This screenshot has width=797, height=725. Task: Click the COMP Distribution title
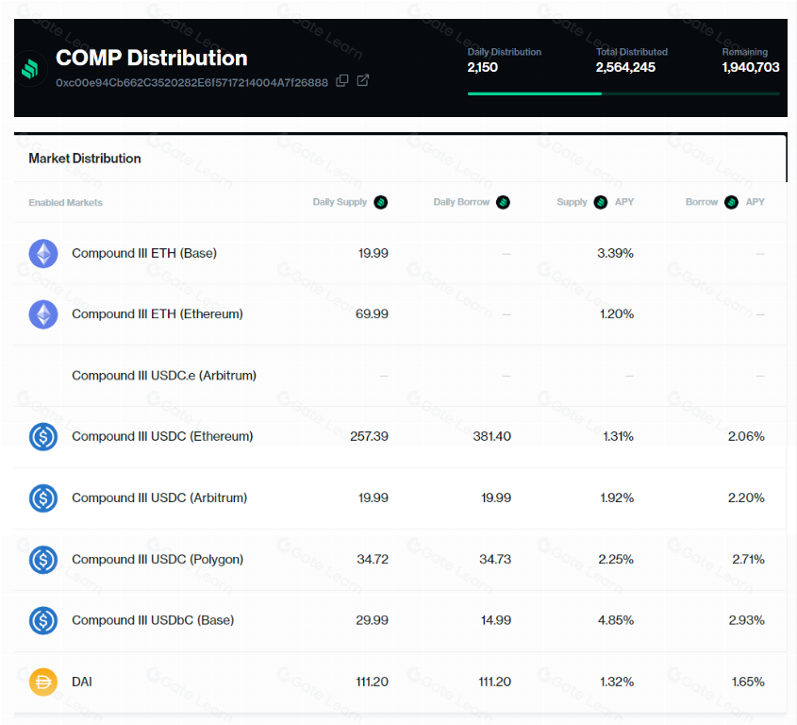click(152, 58)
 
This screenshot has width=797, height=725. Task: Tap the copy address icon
click(342, 80)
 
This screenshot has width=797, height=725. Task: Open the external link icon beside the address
click(362, 80)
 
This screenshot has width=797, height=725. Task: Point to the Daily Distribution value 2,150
click(482, 67)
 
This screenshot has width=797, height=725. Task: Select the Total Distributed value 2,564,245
click(625, 67)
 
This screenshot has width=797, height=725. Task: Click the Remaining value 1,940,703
click(751, 67)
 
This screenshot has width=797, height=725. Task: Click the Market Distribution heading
click(85, 159)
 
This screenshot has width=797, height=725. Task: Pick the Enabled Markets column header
click(66, 203)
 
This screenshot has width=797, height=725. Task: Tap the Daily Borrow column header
click(461, 202)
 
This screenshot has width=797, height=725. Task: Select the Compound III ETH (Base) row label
click(144, 253)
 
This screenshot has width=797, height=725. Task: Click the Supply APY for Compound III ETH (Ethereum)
click(617, 314)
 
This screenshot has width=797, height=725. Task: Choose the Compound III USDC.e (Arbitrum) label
click(164, 376)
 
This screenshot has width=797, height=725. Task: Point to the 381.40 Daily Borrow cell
click(491, 436)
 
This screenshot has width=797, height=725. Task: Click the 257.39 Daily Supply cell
click(369, 436)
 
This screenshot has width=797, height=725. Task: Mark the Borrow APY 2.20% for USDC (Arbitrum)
click(746, 497)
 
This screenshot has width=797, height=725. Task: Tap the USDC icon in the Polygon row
click(43, 559)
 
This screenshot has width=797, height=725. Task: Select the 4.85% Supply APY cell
click(616, 620)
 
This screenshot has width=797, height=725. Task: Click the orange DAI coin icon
click(43, 682)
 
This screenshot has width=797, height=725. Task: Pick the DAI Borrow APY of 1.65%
click(748, 682)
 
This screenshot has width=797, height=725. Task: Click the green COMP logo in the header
click(30, 68)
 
